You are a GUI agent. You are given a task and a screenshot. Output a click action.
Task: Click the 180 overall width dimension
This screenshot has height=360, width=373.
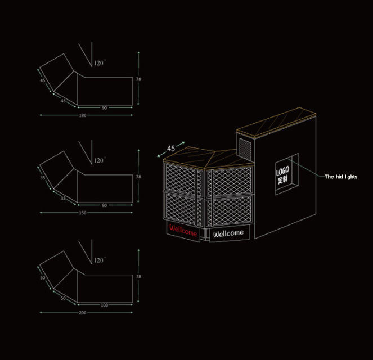tap(83, 115)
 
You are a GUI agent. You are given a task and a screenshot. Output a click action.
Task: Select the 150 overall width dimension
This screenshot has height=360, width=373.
tap(83, 213)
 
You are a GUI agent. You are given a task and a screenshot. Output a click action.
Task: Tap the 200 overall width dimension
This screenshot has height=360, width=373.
tap(83, 312)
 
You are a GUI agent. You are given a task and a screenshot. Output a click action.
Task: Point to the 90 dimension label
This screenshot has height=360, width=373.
tap(105, 108)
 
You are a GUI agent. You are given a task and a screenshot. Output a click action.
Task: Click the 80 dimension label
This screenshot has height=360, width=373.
tap(105, 205)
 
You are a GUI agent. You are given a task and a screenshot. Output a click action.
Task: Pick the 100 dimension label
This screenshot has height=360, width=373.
tap(105, 305)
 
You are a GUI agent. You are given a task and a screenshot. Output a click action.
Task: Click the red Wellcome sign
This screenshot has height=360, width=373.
tap(183, 231)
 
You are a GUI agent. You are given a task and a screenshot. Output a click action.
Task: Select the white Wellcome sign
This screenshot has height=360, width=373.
tap(228, 233)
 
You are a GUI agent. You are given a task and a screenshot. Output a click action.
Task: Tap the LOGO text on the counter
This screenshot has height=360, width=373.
tap(282, 171)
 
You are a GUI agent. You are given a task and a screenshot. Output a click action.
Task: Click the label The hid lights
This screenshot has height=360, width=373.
tap(341, 177)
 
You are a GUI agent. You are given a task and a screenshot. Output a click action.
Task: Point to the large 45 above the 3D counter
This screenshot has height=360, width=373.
tap(171, 148)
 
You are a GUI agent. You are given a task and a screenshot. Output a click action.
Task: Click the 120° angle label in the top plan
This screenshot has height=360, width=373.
tap(100, 63)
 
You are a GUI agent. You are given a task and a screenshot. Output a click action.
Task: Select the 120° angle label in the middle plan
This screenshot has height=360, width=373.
tap(100, 160)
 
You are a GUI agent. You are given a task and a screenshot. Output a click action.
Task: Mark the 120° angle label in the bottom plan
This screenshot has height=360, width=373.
tap(100, 260)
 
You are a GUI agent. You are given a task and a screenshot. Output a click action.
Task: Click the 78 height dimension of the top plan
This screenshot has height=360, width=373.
tap(138, 79)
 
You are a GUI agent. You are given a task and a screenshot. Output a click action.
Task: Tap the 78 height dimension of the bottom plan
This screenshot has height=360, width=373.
tap(138, 277)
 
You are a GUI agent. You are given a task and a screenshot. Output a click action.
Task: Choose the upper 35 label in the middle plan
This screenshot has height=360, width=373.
tap(42, 178)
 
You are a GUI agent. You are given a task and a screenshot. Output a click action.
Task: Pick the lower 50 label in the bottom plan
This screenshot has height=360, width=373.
tap(63, 298)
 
